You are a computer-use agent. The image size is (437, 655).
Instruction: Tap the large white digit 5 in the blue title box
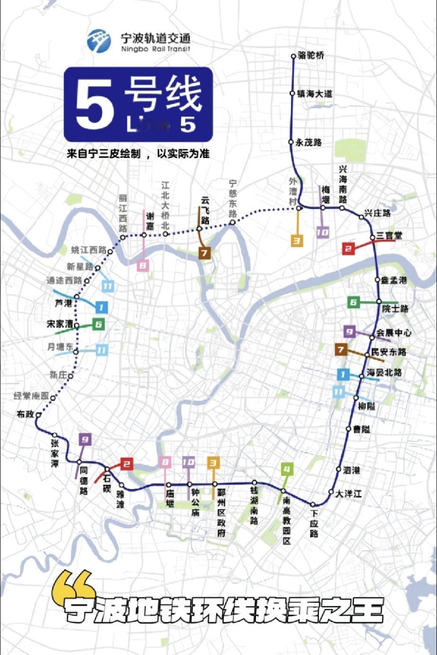tap(94, 105)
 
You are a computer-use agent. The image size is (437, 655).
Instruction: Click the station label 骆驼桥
tap(311, 55)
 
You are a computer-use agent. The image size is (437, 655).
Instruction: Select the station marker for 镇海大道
tap(292, 93)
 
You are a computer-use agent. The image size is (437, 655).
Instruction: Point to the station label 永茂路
tap(309, 142)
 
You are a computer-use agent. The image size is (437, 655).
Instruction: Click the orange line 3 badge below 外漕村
tap(297, 240)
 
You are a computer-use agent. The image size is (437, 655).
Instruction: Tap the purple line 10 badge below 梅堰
tap(323, 232)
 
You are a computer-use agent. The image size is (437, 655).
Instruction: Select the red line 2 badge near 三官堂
tap(348, 248)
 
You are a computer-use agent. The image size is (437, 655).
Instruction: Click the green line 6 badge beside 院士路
tap(353, 302)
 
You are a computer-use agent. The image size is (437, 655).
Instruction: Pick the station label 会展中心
tap(394, 333)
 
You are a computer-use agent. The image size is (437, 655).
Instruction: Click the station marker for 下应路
tap(313, 504)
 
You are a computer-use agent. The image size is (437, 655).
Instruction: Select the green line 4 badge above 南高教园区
tap(287, 470)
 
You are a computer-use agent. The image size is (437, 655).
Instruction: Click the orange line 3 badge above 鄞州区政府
tap(213, 462)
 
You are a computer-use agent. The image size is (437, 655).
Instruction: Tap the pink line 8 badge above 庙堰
tap(165, 462)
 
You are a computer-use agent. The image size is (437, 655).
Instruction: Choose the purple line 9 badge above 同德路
tap(85, 439)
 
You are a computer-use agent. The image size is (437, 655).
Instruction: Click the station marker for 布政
tap(38, 415)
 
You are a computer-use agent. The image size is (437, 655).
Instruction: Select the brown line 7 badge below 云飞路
tap(204, 253)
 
